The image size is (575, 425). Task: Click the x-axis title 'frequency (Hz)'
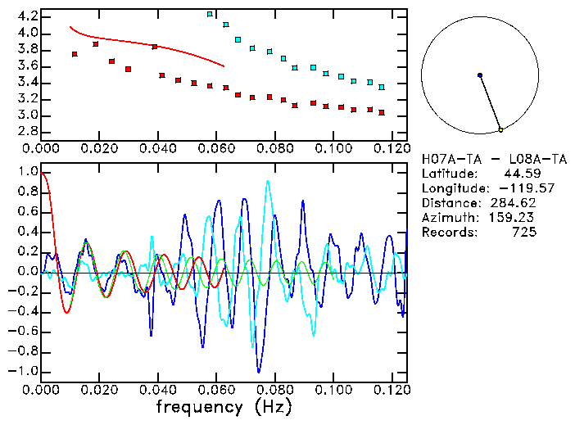coord(224,406)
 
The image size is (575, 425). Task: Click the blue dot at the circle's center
coord(480,75)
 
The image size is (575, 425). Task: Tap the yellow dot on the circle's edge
coord(500,129)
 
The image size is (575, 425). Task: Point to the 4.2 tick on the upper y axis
coord(27,16)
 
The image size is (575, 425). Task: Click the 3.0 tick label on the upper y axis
coord(27,115)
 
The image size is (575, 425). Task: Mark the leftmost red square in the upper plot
coord(75,54)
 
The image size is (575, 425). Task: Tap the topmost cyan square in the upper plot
coord(210,14)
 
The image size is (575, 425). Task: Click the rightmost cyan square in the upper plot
coord(382,87)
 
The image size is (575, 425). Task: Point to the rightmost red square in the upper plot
coord(382,112)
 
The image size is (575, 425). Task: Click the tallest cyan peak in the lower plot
coord(268,182)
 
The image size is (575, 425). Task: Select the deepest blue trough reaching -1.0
coord(259,371)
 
